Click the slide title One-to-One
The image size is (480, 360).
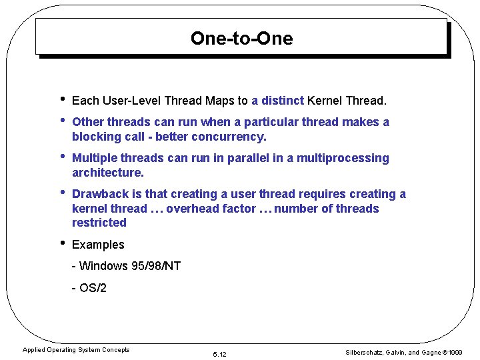coord(241,38)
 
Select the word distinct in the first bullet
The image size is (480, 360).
coord(283,101)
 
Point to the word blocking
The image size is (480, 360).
coord(95,137)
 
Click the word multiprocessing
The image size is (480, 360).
coord(343,158)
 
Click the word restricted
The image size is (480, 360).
coord(99,223)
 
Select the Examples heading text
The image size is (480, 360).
coord(98,245)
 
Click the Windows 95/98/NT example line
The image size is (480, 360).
coord(126,266)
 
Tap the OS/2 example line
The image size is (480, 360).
coord(89,288)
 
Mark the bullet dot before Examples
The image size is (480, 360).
coord(61,243)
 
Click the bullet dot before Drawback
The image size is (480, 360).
coord(61,193)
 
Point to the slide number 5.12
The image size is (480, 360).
coord(219,354)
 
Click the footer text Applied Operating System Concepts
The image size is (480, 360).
coord(76,350)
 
